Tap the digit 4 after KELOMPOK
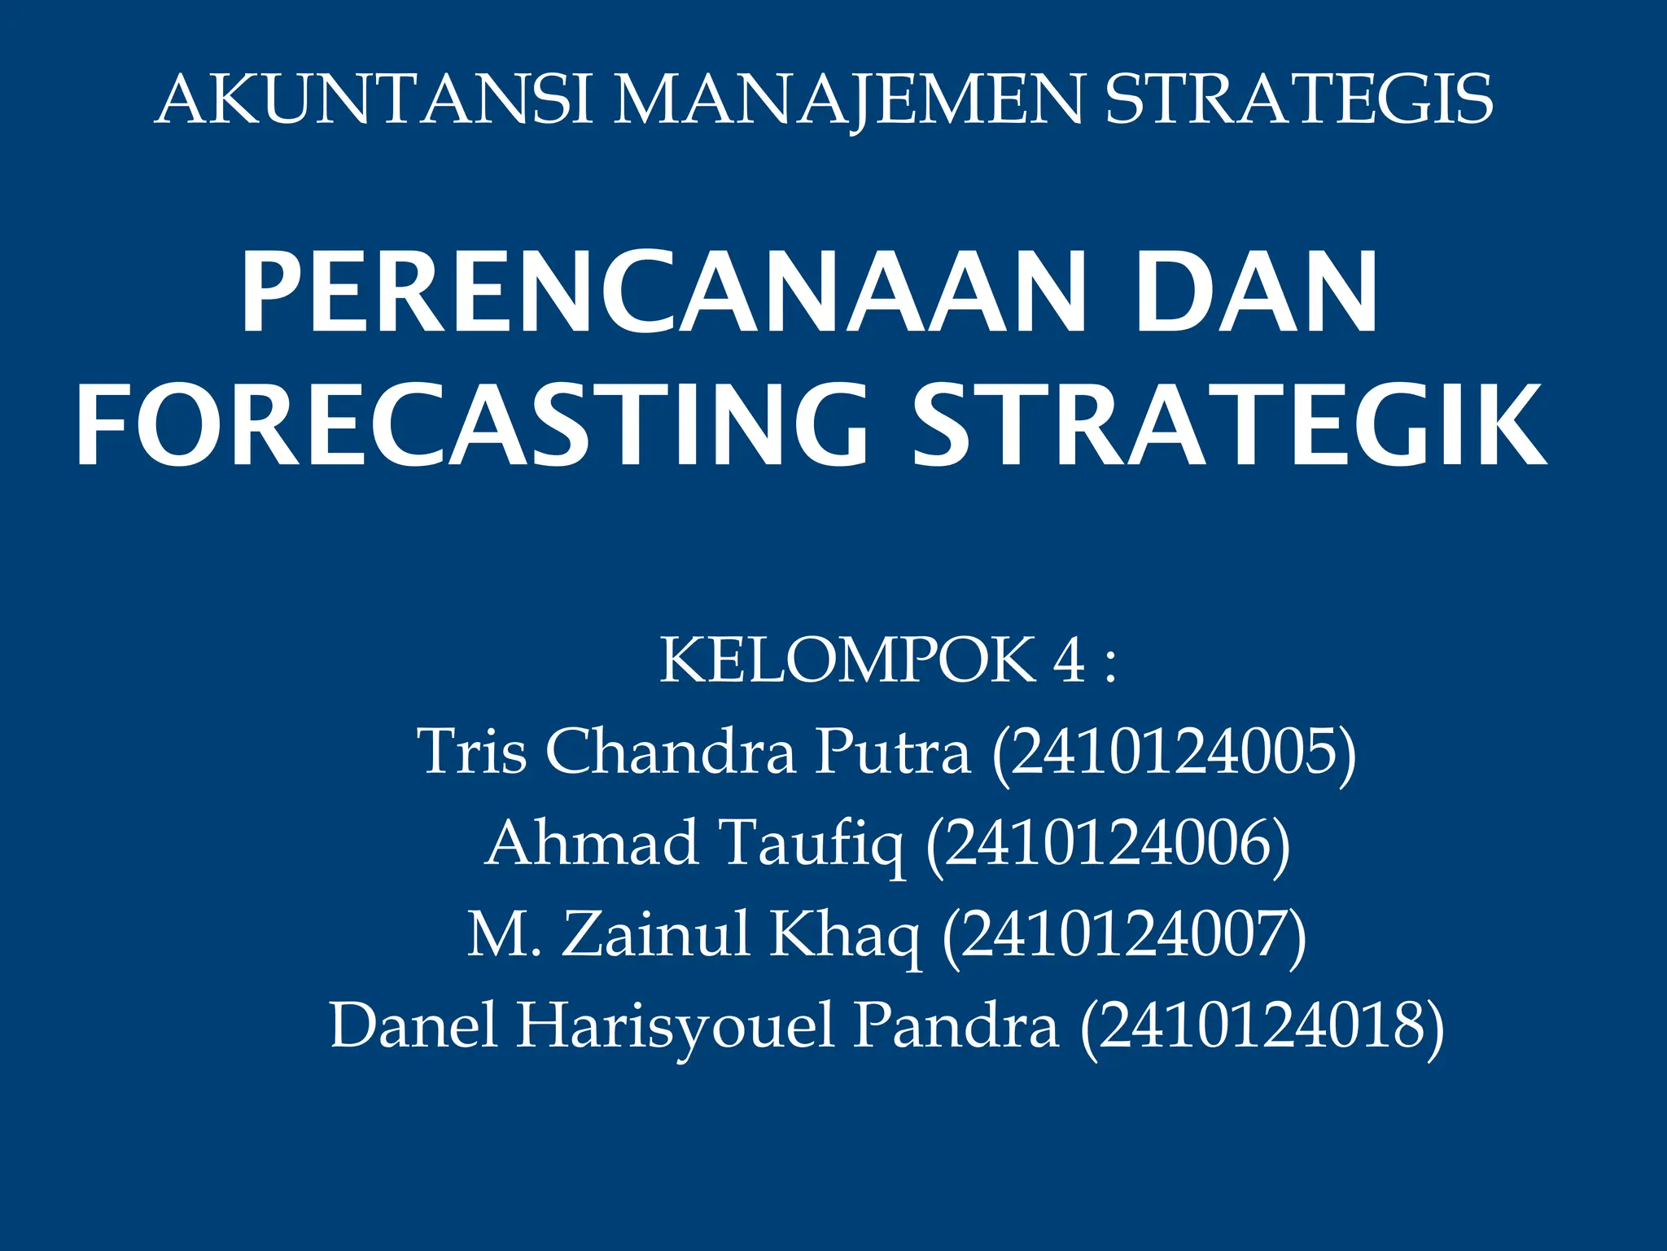click(1069, 661)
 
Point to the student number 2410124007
click(1124, 935)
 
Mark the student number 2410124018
click(1262, 1026)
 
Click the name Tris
click(471, 752)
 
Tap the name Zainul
click(655, 935)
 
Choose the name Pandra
click(956, 1026)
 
